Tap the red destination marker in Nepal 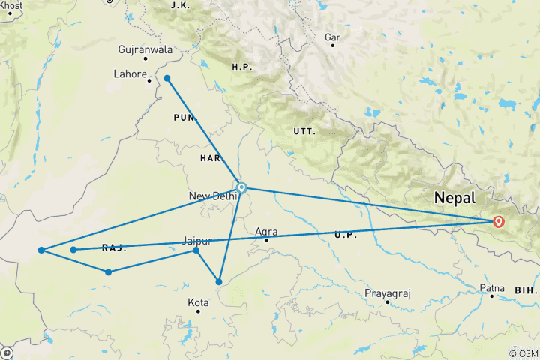[x=498, y=221]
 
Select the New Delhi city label [x=213, y=196]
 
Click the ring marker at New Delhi [x=241, y=187]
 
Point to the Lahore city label [x=129, y=74]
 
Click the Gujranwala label [x=145, y=50]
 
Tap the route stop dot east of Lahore [x=167, y=78]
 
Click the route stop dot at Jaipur [x=196, y=250]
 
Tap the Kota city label [x=198, y=302]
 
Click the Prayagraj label [x=387, y=292]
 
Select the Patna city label [x=491, y=287]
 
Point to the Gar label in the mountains [x=332, y=37]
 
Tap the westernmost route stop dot [x=40, y=250]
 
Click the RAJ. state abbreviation [x=113, y=248]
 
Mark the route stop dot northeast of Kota [x=219, y=282]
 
